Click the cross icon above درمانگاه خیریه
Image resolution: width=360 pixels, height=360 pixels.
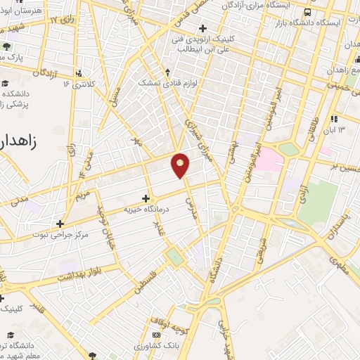[x=146, y=198]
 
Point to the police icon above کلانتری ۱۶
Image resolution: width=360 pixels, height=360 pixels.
[x=78, y=72]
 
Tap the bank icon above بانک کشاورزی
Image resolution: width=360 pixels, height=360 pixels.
[x=156, y=336]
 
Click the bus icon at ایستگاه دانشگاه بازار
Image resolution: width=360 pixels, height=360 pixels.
[x=308, y=12]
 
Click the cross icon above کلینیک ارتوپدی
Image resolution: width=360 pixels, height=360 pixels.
[x=203, y=29]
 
